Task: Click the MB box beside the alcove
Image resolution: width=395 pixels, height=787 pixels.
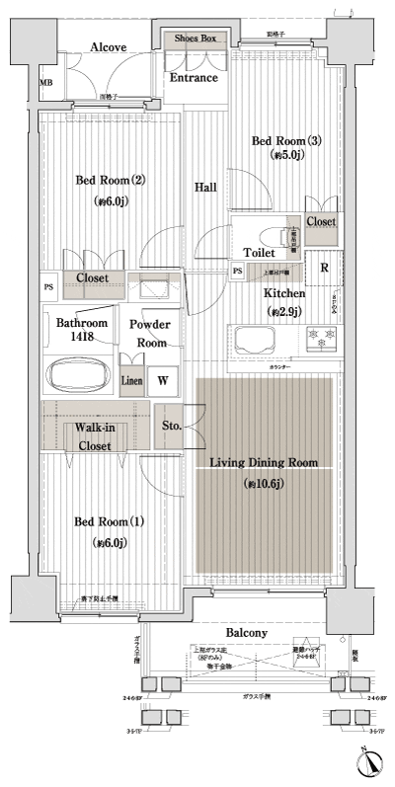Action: (45, 84)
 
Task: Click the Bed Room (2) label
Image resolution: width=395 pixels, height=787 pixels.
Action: (112, 181)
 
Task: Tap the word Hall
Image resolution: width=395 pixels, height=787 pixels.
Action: (205, 187)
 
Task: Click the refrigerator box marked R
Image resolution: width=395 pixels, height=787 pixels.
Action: (323, 267)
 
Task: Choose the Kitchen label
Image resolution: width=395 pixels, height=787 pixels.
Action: (283, 293)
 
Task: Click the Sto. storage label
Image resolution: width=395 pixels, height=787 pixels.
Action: (169, 426)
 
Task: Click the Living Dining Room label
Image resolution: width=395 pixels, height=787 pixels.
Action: (263, 462)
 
